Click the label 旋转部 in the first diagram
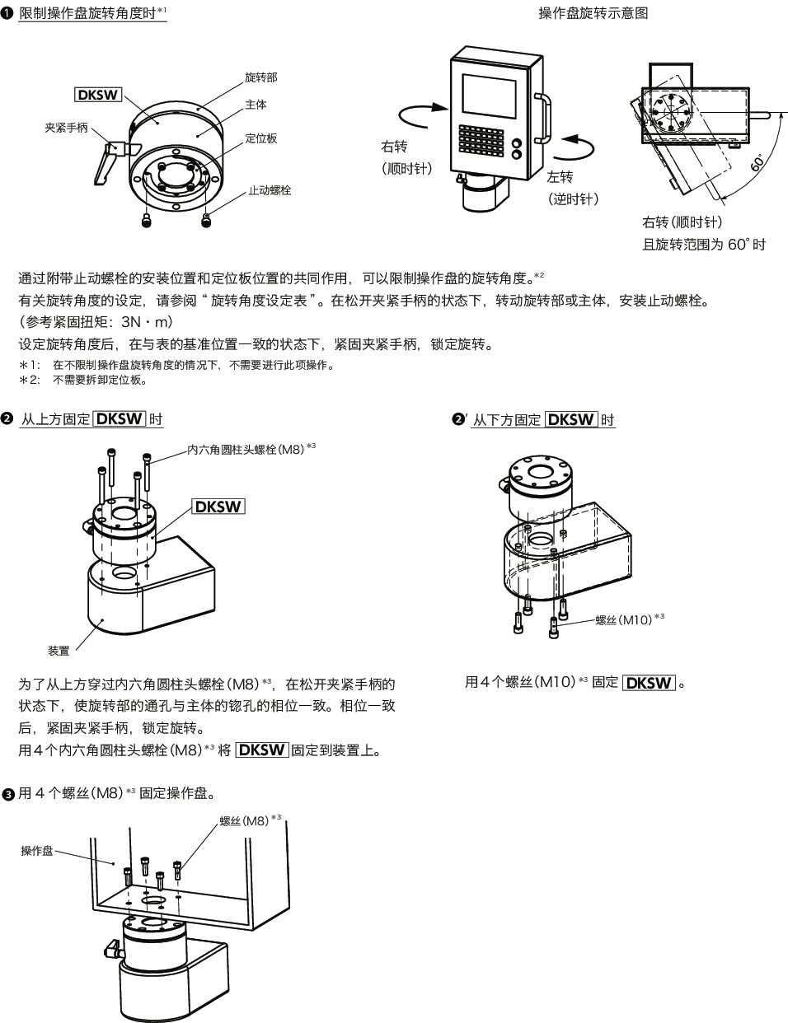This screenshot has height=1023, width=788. click(260, 77)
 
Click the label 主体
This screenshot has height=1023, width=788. click(256, 105)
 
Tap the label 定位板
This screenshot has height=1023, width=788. click(260, 138)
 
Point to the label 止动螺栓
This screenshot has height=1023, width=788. click(270, 191)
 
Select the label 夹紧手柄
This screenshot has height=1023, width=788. click(66, 128)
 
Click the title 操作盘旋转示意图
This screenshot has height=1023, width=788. click(593, 13)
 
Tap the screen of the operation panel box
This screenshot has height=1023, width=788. click(487, 97)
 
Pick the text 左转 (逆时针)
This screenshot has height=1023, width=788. click(572, 188)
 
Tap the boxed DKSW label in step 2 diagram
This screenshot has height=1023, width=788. click(218, 506)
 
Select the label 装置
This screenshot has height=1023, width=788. click(59, 651)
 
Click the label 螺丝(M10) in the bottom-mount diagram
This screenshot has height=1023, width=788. click(623, 620)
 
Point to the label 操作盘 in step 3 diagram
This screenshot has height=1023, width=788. click(37, 851)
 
